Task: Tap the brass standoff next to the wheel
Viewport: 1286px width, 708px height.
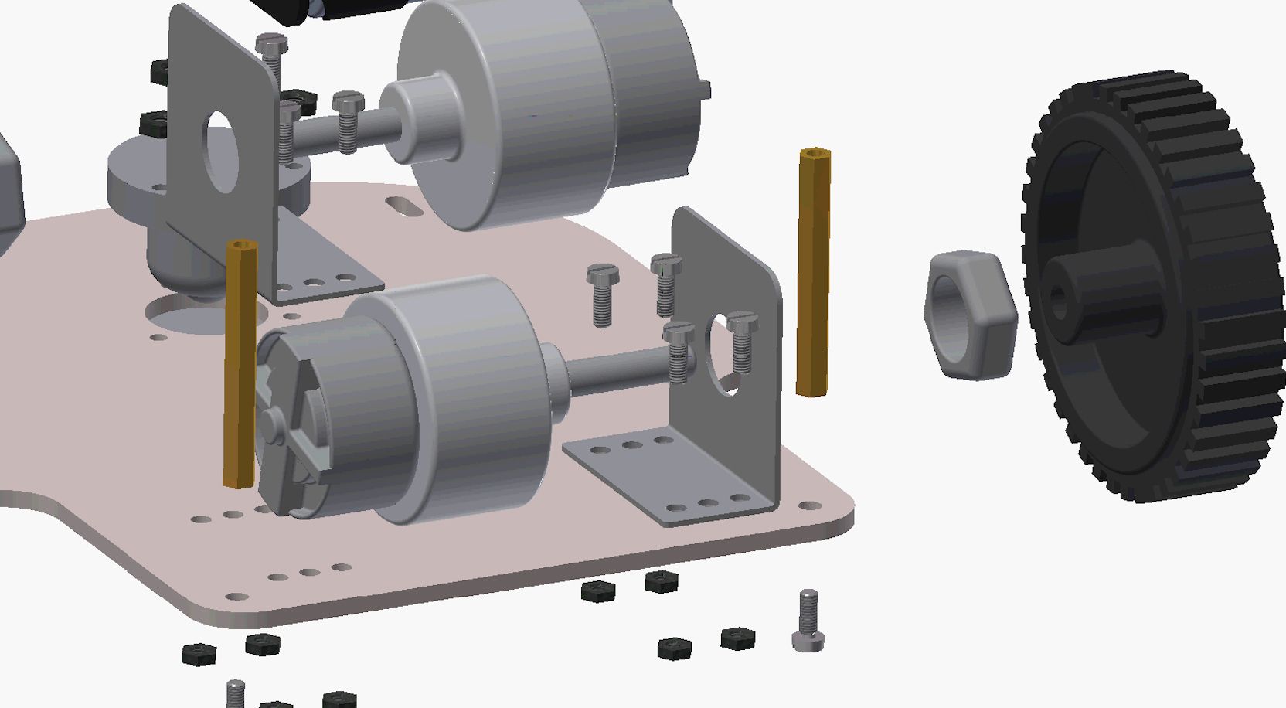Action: point(813,271)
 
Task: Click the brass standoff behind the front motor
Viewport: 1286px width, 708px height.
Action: point(240,363)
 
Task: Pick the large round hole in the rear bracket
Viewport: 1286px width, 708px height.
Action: point(219,151)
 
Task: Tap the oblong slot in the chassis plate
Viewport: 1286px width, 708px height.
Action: point(401,206)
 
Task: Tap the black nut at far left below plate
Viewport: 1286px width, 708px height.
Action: point(199,654)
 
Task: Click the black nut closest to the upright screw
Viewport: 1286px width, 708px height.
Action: point(737,638)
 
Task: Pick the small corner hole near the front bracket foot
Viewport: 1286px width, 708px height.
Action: point(809,506)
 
